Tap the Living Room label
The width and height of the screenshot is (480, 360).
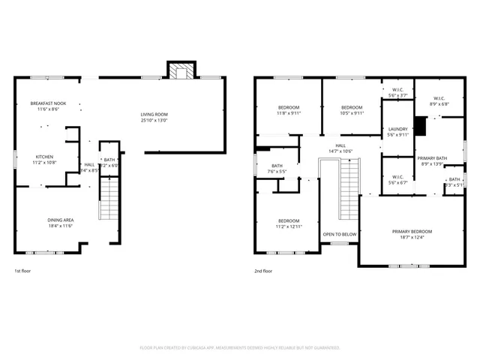coord(154,117)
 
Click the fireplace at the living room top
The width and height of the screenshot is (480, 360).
coord(180,70)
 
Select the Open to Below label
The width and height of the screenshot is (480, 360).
coord(340,235)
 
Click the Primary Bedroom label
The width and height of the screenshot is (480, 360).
coord(412,235)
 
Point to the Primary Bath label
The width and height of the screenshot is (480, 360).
coord(432,160)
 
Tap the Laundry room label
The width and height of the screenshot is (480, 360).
coord(397,132)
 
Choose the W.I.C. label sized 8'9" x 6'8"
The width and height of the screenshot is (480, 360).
coord(439,101)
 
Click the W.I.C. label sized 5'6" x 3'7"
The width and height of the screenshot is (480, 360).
coord(397,93)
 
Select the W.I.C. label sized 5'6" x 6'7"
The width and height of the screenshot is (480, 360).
coord(397,180)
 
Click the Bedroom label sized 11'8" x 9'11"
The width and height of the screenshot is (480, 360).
coord(289,110)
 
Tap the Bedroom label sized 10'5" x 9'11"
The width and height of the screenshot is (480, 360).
coord(352,110)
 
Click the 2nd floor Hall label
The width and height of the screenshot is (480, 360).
coord(340,148)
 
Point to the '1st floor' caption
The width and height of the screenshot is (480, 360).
coord(22,271)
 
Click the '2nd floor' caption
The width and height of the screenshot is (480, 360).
coord(263,271)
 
